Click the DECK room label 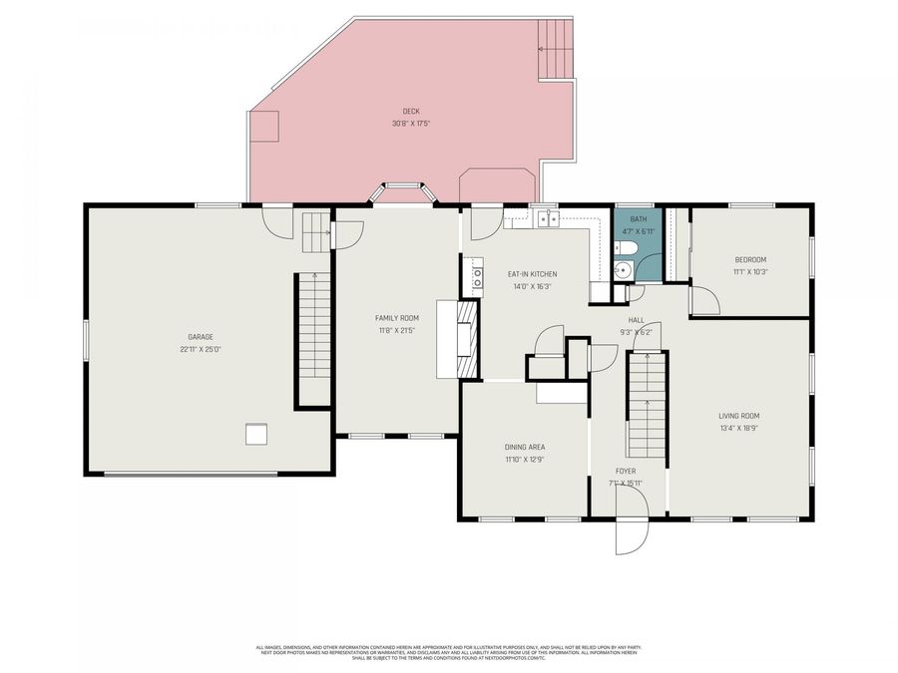(x=410, y=111)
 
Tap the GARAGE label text (x=201, y=337)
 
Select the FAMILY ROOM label (x=396, y=317)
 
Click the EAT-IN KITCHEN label (x=532, y=273)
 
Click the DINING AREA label (x=525, y=447)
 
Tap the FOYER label (x=626, y=471)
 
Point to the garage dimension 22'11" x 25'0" (x=201, y=350)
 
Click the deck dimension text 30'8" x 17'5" (x=410, y=124)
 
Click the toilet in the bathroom (x=621, y=268)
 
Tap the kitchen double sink (x=545, y=219)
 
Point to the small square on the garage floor (x=257, y=433)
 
